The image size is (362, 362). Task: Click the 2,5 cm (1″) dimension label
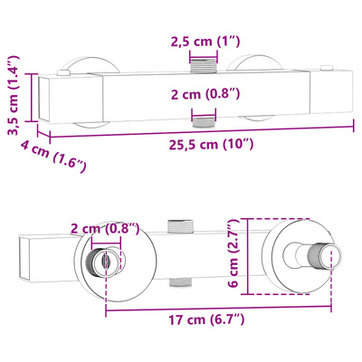click(x=205, y=41)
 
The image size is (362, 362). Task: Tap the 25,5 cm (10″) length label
click(x=211, y=145)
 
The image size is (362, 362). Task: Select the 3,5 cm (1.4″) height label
click(x=14, y=95)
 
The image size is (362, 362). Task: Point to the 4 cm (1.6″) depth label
click(x=53, y=157)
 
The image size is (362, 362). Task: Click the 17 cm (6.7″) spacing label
click(x=206, y=319)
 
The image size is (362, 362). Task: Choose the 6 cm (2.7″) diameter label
click(x=233, y=252)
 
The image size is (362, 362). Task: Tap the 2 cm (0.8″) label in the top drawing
click(x=205, y=94)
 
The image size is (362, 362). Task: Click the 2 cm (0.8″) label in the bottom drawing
click(x=105, y=228)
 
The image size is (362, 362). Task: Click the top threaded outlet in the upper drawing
click(x=204, y=65)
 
